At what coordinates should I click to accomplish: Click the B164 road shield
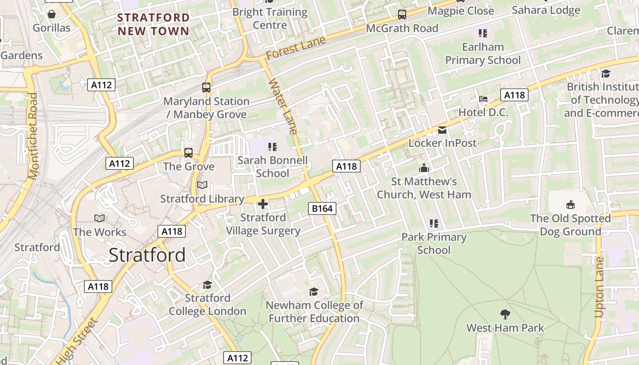click(x=322, y=209)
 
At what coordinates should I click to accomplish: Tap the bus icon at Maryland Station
click(x=206, y=87)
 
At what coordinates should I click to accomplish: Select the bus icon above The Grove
click(x=189, y=153)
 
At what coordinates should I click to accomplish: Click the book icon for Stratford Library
click(x=202, y=185)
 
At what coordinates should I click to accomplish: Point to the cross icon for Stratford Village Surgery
click(x=263, y=204)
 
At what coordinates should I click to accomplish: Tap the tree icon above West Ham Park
click(x=505, y=314)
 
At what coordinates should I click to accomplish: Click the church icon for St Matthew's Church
click(x=424, y=168)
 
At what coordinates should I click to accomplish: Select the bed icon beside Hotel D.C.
click(x=483, y=99)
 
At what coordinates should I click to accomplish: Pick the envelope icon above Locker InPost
click(x=442, y=130)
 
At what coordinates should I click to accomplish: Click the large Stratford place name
click(x=147, y=255)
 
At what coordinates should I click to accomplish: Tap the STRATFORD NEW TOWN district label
click(x=153, y=25)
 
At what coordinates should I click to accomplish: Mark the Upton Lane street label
click(x=599, y=287)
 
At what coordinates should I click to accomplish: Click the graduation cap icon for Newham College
click(x=314, y=292)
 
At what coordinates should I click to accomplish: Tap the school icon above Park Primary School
click(x=434, y=224)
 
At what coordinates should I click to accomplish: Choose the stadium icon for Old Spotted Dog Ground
click(x=570, y=204)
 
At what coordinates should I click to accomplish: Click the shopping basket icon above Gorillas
click(x=52, y=14)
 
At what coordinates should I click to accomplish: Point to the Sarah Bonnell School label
click(x=272, y=167)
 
